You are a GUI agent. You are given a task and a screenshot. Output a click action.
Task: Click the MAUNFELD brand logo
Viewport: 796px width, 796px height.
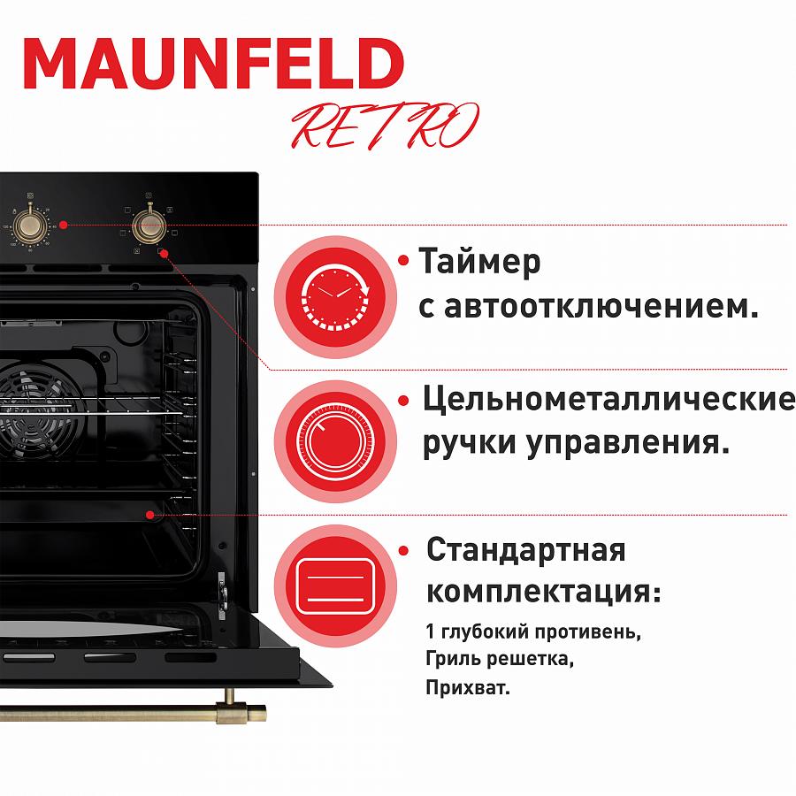tap(214, 64)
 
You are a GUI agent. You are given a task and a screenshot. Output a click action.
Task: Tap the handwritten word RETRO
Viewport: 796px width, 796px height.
tap(385, 126)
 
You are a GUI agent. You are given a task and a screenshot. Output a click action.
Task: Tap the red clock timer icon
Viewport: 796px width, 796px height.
tap(335, 297)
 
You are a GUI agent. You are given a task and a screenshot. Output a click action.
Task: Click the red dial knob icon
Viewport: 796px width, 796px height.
tap(335, 441)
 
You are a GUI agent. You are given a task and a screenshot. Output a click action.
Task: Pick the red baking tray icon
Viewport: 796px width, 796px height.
tap(335, 586)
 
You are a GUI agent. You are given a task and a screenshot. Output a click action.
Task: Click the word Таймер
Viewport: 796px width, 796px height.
tap(479, 262)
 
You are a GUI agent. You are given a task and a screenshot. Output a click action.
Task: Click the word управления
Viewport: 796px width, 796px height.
tap(627, 443)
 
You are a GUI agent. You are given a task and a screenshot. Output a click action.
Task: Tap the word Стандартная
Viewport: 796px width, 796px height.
tap(526, 549)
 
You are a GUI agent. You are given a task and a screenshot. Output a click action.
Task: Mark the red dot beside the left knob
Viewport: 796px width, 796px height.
tap(63, 225)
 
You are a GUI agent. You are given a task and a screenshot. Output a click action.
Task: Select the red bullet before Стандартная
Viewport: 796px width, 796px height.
tap(404, 551)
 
